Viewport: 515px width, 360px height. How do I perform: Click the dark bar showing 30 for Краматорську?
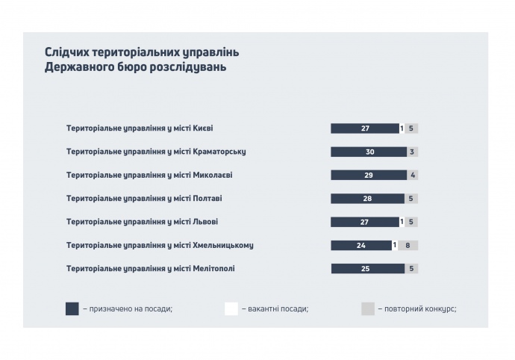369,152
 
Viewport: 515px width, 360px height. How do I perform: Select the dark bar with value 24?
360,245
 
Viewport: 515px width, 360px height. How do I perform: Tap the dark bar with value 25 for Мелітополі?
364,268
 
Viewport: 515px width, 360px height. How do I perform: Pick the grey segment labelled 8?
408,245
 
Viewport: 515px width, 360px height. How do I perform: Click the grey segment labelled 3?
412,152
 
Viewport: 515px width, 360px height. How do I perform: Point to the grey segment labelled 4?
412,175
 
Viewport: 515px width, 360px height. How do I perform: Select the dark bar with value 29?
369,175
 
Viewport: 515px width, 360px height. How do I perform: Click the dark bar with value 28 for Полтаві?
367,199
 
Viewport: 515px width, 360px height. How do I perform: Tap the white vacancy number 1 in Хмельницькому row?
394,245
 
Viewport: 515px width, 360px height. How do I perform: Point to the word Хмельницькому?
228,245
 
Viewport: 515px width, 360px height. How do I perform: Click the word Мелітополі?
214,268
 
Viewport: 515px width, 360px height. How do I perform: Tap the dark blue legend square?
72,308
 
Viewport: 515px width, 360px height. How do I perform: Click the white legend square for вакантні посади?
231,308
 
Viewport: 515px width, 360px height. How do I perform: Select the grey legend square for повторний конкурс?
368,308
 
